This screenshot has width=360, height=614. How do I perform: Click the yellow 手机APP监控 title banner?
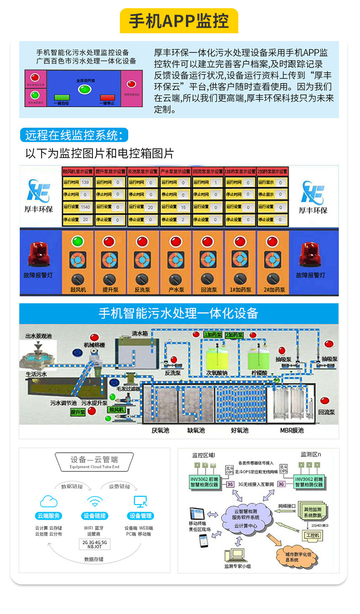pyautogui.click(x=179, y=21)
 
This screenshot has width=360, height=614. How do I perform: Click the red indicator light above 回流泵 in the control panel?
pyautogui.click(x=207, y=241)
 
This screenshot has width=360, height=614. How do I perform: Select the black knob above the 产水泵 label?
pyautogui.click(x=175, y=279)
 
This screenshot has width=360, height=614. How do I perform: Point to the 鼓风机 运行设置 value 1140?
pyautogui.click(x=84, y=207)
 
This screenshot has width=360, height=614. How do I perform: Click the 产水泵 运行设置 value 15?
pyautogui.click(x=183, y=207)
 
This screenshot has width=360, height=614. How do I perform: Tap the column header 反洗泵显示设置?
pyautogui.click(x=143, y=171)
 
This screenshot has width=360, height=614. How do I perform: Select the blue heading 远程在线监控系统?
pyautogui.click(x=74, y=135)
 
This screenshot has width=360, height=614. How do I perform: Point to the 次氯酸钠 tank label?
pyautogui.click(x=216, y=373)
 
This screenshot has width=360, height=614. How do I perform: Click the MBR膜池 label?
pyautogui.click(x=292, y=430)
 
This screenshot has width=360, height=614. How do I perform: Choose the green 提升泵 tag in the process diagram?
pyautogui.click(x=78, y=412)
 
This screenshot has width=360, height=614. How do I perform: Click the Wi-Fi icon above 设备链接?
pyautogui.click(x=95, y=502)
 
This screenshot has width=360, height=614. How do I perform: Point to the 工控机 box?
pyautogui.click(x=313, y=535)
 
